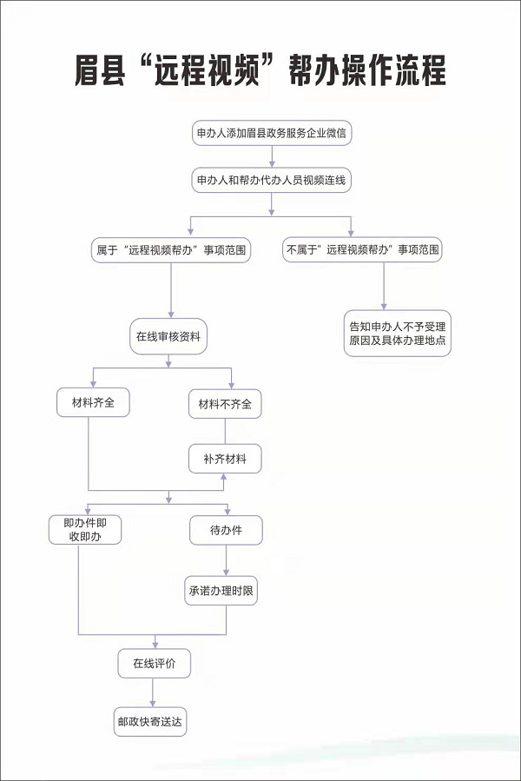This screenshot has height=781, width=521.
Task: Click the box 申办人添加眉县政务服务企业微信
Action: click(272, 133)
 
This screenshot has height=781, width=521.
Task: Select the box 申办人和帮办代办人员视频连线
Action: click(272, 180)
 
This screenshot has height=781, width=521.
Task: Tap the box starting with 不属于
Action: click(363, 249)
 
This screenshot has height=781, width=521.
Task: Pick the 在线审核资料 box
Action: click(168, 336)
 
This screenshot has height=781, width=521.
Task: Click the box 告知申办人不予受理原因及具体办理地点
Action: click(398, 334)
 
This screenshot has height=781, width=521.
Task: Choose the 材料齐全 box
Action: click(93, 402)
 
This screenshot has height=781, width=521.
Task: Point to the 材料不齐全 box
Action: click(225, 404)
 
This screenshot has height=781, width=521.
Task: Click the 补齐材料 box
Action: click(225, 459)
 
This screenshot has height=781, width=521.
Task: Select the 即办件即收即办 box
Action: click(85, 529)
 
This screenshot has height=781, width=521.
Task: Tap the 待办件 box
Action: click(226, 530)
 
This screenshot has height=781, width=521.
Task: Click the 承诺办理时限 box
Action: click(221, 591)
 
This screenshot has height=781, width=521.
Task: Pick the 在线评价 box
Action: click(155, 664)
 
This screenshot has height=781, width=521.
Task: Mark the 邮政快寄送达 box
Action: click(150, 722)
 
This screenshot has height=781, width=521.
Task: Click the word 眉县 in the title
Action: click(100, 69)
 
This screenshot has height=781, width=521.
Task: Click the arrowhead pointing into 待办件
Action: click(228, 511)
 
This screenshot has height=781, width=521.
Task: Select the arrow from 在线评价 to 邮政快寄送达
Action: click(153, 692)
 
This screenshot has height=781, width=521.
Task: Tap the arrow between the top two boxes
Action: click(272, 156)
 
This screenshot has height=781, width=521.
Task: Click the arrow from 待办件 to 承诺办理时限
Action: click(226, 560)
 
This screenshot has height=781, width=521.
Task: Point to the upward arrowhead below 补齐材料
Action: click(224, 477)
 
